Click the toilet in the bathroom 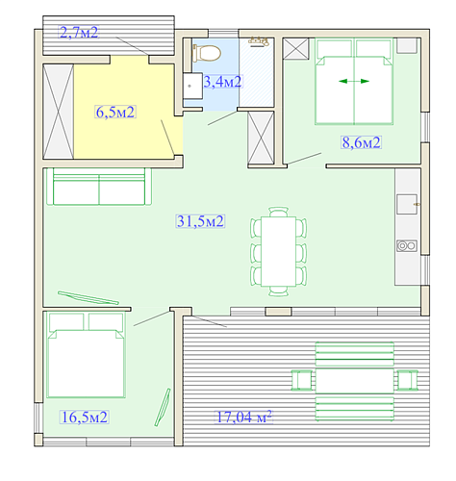[x=207, y=53]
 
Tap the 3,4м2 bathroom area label [x=222, y=82]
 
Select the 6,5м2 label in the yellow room [x=115, y=112]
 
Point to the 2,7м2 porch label [x=79, y=33]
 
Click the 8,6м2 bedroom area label [x=361, y=142]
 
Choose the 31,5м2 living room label [x=200, y=221]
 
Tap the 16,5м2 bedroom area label [x=85, y=418]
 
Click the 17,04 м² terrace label [x=244, y=417]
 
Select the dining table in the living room [x=278, y=251]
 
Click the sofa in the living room [x=99, y=187]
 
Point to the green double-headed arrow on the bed [x=354, y=81]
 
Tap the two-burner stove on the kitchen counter [x=407, y=246]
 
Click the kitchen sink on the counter [x=407, y=204]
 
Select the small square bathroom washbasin [x=192, y=86]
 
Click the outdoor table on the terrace [x=355, y=381]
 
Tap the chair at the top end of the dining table [x=278, y=212]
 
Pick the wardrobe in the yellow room [x=59, y=112]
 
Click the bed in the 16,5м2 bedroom [x=86, y=355]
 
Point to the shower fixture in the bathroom [x=259, y=41]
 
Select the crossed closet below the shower [x=261, y=138]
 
